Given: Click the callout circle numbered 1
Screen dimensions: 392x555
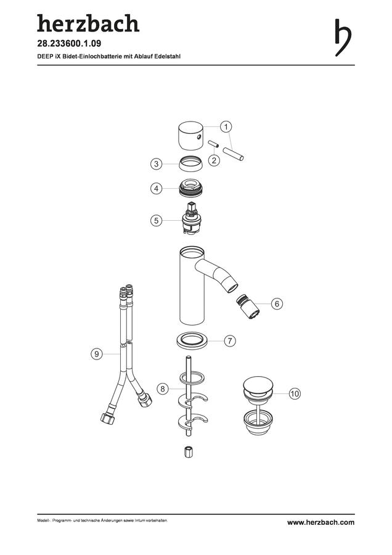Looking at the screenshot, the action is [x=226, y=126].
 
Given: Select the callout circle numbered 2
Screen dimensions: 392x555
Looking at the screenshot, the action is [x=214, y=160].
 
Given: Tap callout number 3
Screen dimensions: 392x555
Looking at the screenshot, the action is [x=157, y=164].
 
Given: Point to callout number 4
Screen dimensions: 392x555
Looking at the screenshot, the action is [x=157, y=188].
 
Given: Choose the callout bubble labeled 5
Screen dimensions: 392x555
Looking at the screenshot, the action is [x=157, y=221].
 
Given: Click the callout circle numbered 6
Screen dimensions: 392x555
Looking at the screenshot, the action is [x=277, y=303].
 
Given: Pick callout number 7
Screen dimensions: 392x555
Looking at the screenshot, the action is [x=230, y=341].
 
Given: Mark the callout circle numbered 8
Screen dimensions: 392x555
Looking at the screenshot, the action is [x=162, y=389].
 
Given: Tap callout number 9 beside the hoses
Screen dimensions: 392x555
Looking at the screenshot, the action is [x=97, y=353].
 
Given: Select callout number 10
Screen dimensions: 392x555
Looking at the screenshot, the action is [x=295, y=393].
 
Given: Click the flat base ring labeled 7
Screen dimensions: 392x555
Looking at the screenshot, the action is [x=192, y=339].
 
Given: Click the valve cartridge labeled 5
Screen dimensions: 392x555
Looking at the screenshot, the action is [x=191, y=218].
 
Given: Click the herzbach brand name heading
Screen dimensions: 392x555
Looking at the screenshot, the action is [x=88, y=23].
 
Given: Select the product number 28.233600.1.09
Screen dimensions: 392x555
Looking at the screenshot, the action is [x=69, y=44].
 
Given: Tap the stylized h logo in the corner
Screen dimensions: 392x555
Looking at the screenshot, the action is [x=343, y=38].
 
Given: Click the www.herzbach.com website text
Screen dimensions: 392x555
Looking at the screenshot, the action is [x=321, y=522].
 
